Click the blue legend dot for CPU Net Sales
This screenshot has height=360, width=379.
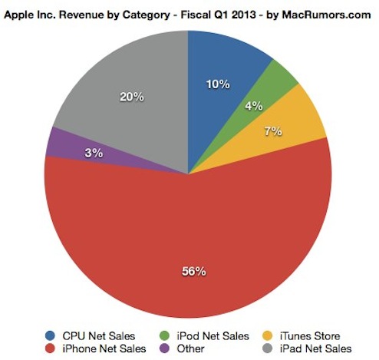coord(50,335)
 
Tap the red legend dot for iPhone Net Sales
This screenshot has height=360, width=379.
coord(50,348)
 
